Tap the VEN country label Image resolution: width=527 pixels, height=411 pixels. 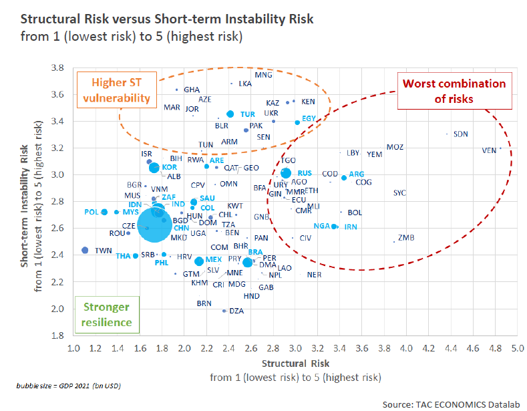click(x=489, y=150)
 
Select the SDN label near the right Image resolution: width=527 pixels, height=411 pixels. click(x=461, y=134)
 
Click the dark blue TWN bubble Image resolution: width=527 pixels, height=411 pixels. click(x=85, y=250)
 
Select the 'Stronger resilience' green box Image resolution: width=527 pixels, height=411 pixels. click(x=107, y=315)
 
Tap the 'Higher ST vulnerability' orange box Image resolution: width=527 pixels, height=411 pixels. click(x=116, y=90)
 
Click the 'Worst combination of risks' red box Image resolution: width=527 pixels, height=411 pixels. click(x=454, y=92)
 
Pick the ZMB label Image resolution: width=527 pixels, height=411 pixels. click(x=406, y=238)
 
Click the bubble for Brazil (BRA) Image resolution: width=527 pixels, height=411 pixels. click(x=248, y=262)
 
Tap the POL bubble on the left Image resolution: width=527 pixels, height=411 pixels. click(x=104, y=212)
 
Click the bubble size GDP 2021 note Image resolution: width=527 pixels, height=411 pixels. click(x=68, y=386)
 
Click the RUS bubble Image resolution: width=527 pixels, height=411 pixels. click(x=286, y=173)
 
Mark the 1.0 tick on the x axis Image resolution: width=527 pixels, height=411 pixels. click(x=74, y=348)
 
